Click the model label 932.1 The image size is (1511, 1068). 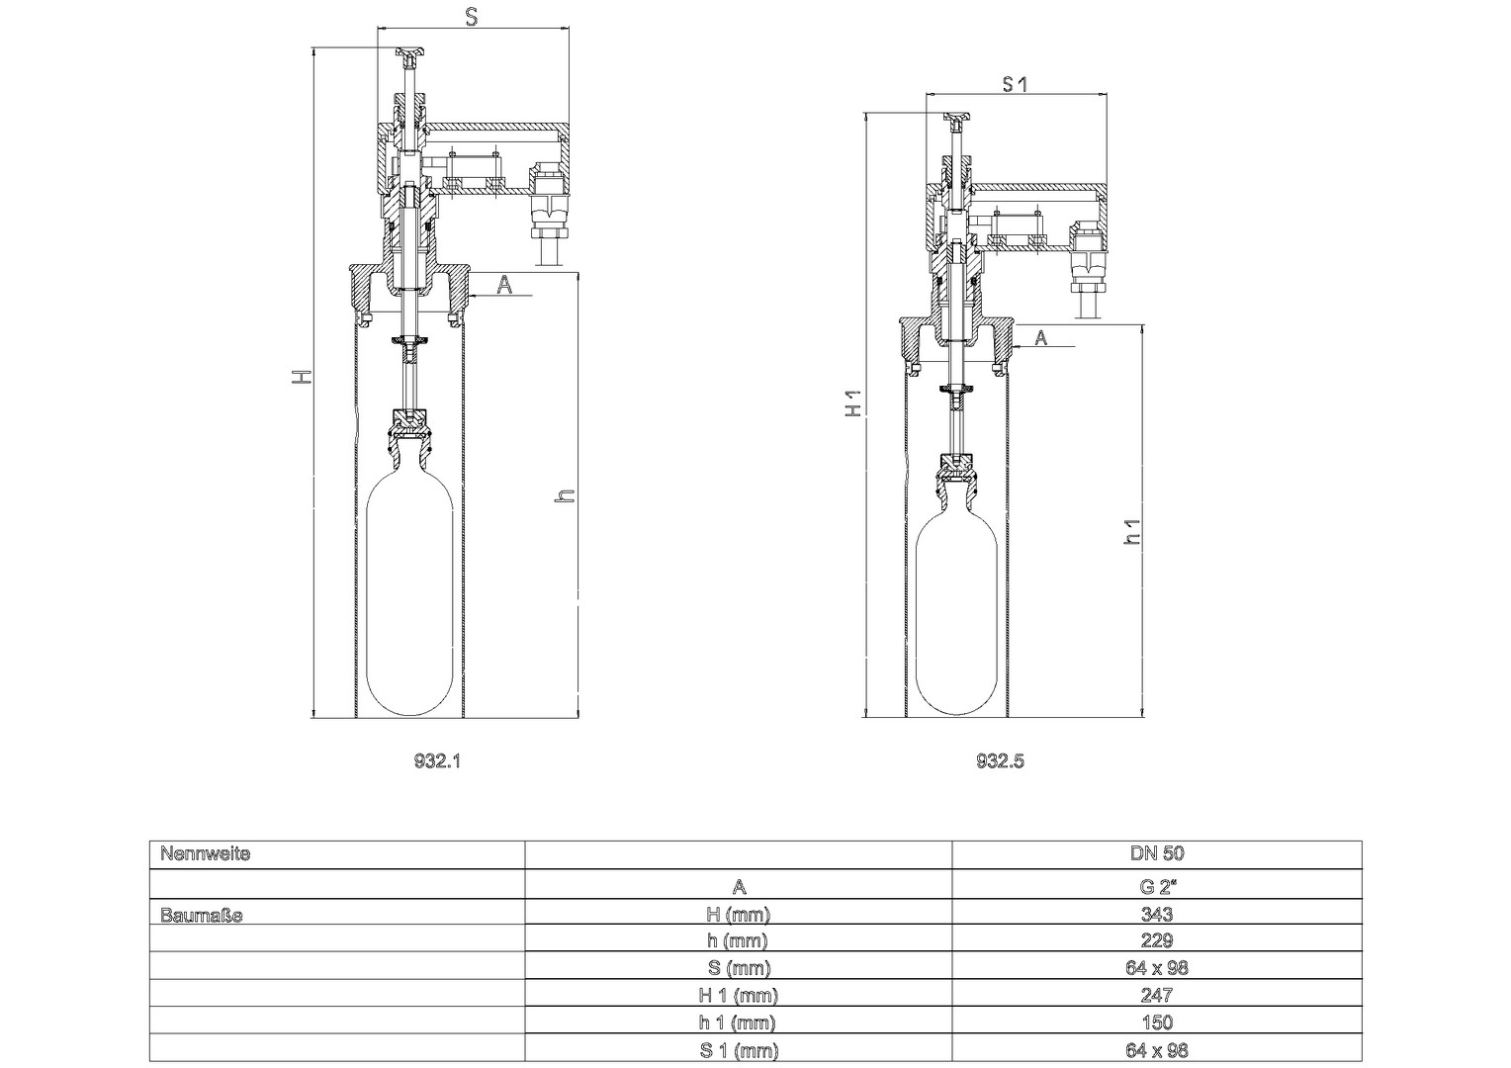pos(437,761)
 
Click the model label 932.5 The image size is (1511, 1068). pos(1000,761)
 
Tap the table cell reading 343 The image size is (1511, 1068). pos(1157,914)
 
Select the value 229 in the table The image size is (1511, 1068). pos(1157,940)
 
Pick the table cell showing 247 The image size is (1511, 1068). pos(1157,995)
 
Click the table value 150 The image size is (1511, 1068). pos(1157,1023)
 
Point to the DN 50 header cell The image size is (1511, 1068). pos(1157,853)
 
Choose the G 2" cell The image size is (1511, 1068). pos(1157,886)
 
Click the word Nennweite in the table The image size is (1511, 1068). pos(205,854)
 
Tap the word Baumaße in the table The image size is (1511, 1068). pos(202,916)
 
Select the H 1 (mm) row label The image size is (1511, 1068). pos(738,995)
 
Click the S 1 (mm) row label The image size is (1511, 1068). pos(738,1050)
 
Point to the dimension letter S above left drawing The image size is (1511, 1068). pos(473,18)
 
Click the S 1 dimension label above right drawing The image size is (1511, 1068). pos(1014,84)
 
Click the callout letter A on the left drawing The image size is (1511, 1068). pos(504,286)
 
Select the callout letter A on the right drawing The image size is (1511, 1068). pos(1041,337)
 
